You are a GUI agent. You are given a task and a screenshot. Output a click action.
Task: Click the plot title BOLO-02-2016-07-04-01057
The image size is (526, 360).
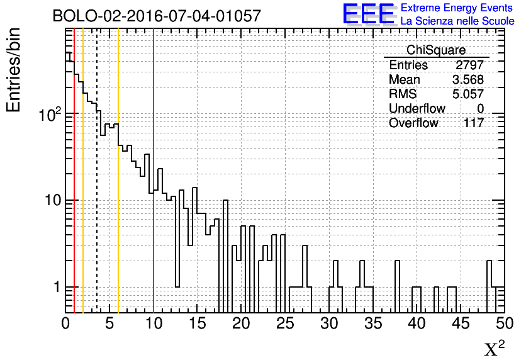tap(157, 16)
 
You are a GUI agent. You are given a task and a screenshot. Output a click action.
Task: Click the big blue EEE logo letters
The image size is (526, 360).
tap(369, 14)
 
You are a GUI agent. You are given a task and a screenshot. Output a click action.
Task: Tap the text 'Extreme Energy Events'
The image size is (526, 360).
tap(457, 8)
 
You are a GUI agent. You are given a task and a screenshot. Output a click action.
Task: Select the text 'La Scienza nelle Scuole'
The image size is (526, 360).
tap(457, 21)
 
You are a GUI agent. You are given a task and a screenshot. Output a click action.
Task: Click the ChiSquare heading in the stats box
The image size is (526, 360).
tap(436, 50)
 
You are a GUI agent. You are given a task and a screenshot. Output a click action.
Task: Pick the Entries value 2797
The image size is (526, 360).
tap(469, 65)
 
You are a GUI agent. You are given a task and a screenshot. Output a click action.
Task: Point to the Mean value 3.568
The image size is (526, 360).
tap(468, 79)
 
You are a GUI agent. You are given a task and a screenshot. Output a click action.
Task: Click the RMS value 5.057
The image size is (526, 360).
tap(468, 94)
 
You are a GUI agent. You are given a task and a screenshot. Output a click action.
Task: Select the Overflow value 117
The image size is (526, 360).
tap(474, 123)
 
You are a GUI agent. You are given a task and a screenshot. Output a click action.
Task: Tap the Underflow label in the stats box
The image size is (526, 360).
tap(417, 108)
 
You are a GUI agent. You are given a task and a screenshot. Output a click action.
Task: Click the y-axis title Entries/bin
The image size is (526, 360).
tap(14, 70)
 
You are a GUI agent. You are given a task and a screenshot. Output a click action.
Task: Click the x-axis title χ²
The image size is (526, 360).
tap(495, 348)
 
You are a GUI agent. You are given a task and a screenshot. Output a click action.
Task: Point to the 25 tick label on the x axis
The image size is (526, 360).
tap(285, 323)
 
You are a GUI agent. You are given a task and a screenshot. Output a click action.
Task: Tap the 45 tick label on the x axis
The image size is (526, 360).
tap(461, 323)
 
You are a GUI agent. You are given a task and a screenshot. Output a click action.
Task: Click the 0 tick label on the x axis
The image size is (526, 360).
tap(65, 323)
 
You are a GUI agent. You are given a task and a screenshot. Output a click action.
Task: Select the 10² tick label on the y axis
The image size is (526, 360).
tap(50, 115)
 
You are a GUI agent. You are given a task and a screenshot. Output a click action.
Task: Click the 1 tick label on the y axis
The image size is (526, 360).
tap(57, 287)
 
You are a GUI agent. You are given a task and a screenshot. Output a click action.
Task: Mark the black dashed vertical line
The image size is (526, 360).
tap(97, 171)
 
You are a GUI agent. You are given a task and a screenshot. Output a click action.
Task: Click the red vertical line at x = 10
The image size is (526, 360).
tap(154, 171)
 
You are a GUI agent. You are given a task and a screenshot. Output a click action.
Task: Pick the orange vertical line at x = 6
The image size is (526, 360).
tap(118, 171)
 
